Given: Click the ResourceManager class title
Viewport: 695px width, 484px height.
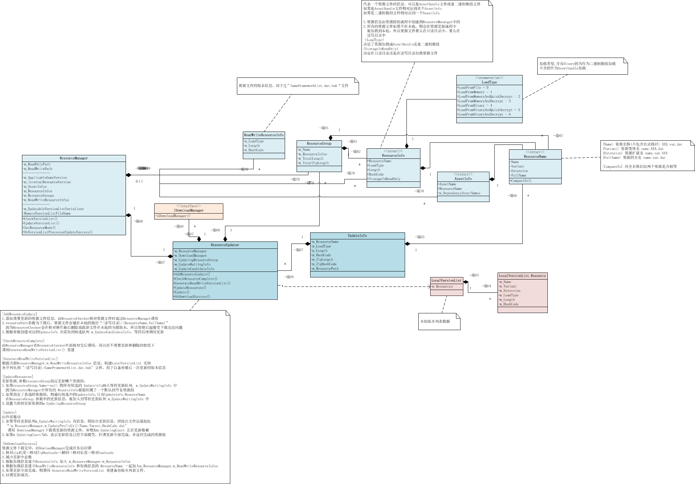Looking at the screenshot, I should pyautogui.click(x=74, y=158).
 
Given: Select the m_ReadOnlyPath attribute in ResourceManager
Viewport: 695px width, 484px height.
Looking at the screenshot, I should pyautogui.click(x=37, y=164).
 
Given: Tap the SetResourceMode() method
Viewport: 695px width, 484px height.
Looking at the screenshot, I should pyautogui.click(x=39, y=228).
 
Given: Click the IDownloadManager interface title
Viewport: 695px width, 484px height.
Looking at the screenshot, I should pyautogui.click(x=189, y=210).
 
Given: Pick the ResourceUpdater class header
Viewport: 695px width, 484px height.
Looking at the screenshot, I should pyautogui.click(x=225, y=245).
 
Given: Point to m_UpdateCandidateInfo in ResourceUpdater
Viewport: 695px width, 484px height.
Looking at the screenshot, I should pyautogui.click(x=194, y=269).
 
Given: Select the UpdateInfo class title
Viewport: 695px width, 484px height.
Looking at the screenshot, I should pyautogui.click(x=357, y=236).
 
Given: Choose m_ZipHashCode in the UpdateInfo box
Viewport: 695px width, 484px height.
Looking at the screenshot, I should pyautogui.click(x=324, y=264).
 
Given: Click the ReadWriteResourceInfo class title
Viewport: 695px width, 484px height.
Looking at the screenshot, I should pyautogui.click(x=264, y=135).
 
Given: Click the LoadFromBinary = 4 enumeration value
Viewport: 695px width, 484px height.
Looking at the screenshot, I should pyautogui.click(x=475, y=105).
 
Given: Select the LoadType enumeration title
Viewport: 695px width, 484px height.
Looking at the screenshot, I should pyautogui.click(x=489, y=82).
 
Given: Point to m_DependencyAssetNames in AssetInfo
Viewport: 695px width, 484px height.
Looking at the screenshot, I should pyautogui.click(x=459, y=193).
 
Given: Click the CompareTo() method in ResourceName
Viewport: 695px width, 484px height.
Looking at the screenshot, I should pyautogui.click(x=521, y=181).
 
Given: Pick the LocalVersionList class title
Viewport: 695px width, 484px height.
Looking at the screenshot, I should pyautogui.click(x=446, y=281).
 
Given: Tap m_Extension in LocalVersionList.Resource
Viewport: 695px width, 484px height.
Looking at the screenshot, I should pyautogui.click(x=510, y=291).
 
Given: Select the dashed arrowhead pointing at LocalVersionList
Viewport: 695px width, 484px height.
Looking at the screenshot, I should pyautogui.click(x=430, y=287).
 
